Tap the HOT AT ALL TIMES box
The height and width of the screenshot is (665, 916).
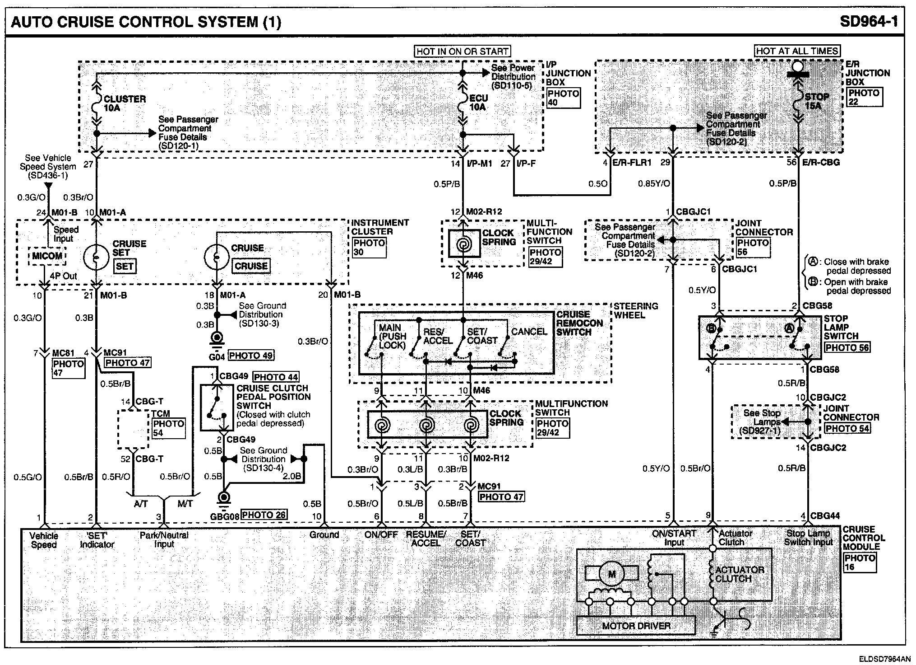pyautogui.click(x=797, y=51)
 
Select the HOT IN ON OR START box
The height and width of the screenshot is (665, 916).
pyautogui.click(x=462, y=52)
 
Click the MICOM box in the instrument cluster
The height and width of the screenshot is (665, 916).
pyautogui.click(x=47, y=256)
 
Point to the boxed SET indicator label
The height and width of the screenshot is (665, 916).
pyautogui.click(x=125, y=266)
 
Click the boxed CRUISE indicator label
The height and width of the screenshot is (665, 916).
pyautogui.click(x=251, y=266)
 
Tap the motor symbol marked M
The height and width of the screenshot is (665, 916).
pyautogui.click(x=611, y=574)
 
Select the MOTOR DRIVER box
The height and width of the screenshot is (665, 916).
pyautogui.click(x=636, y=626)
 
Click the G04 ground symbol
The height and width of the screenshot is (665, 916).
pyautogui.click(x=217, y=339)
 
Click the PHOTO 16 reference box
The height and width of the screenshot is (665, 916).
pyautogui.click(x=859, y=562)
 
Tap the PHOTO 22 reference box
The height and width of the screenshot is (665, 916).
pyautogui.click(x=864, y=97)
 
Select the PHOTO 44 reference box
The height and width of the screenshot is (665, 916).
pyautogui.click(x=276, y=377)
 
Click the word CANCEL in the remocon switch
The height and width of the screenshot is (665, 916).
pyautogui.click(x=529, y=332)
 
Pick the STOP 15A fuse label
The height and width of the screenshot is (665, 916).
pyautogui.click(x=816, y=101)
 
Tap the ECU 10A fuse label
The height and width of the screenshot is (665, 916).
pyautogui.click(x=478, y=103)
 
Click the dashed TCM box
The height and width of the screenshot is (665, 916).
pyautogui.click(x=134, y=429)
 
